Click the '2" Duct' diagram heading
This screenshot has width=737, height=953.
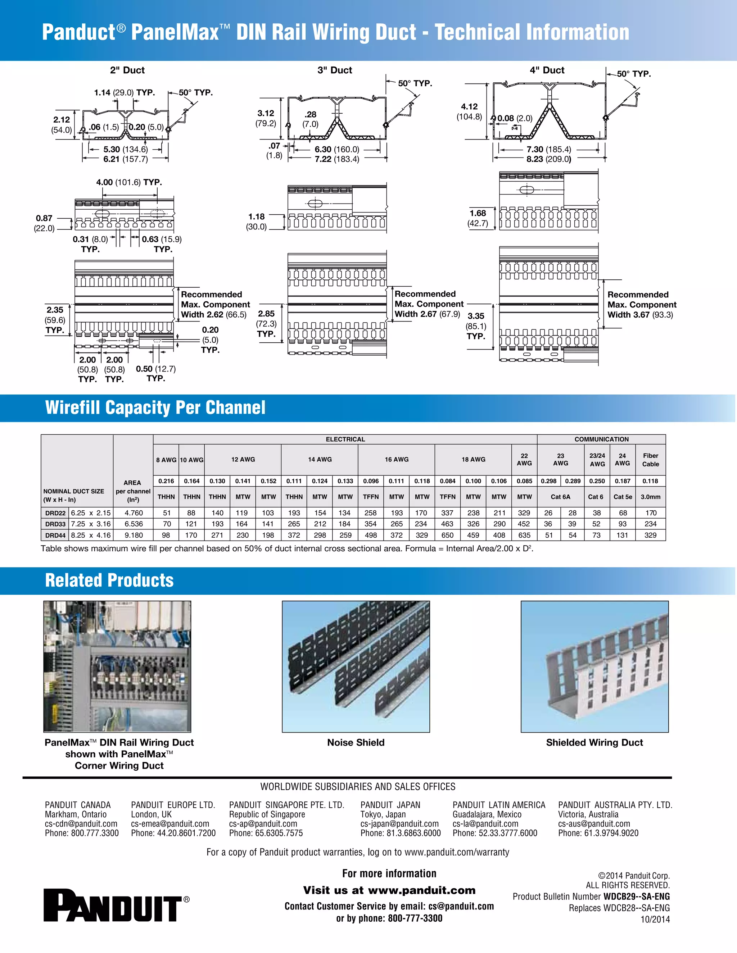127,70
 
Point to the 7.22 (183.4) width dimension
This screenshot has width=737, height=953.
336,159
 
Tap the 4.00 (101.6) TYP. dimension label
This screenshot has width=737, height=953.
129,182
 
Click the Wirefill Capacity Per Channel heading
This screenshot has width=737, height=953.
155,407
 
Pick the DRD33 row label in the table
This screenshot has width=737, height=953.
55,524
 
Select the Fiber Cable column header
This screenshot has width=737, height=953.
650,460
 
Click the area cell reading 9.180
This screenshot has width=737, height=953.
133,535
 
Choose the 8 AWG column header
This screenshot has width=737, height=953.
166,460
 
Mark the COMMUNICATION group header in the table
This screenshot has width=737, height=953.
601,439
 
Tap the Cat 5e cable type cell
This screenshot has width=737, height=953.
623,497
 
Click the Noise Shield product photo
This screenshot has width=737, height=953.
356,666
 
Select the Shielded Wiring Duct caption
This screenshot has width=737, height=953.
594,743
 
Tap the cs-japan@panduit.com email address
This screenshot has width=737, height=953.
399,824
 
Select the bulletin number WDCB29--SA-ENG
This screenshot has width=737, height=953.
636,897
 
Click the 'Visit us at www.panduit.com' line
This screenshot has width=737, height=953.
389,890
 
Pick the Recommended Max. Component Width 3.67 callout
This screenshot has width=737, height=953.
641,305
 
